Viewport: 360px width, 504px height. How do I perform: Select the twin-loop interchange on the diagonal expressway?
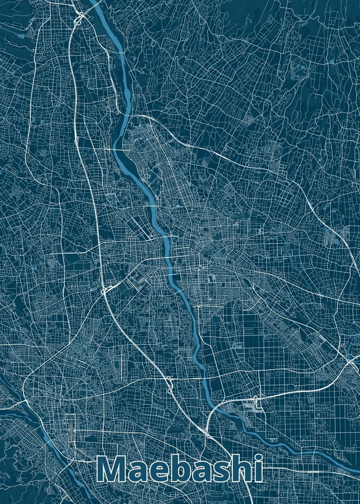coord(169,384)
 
